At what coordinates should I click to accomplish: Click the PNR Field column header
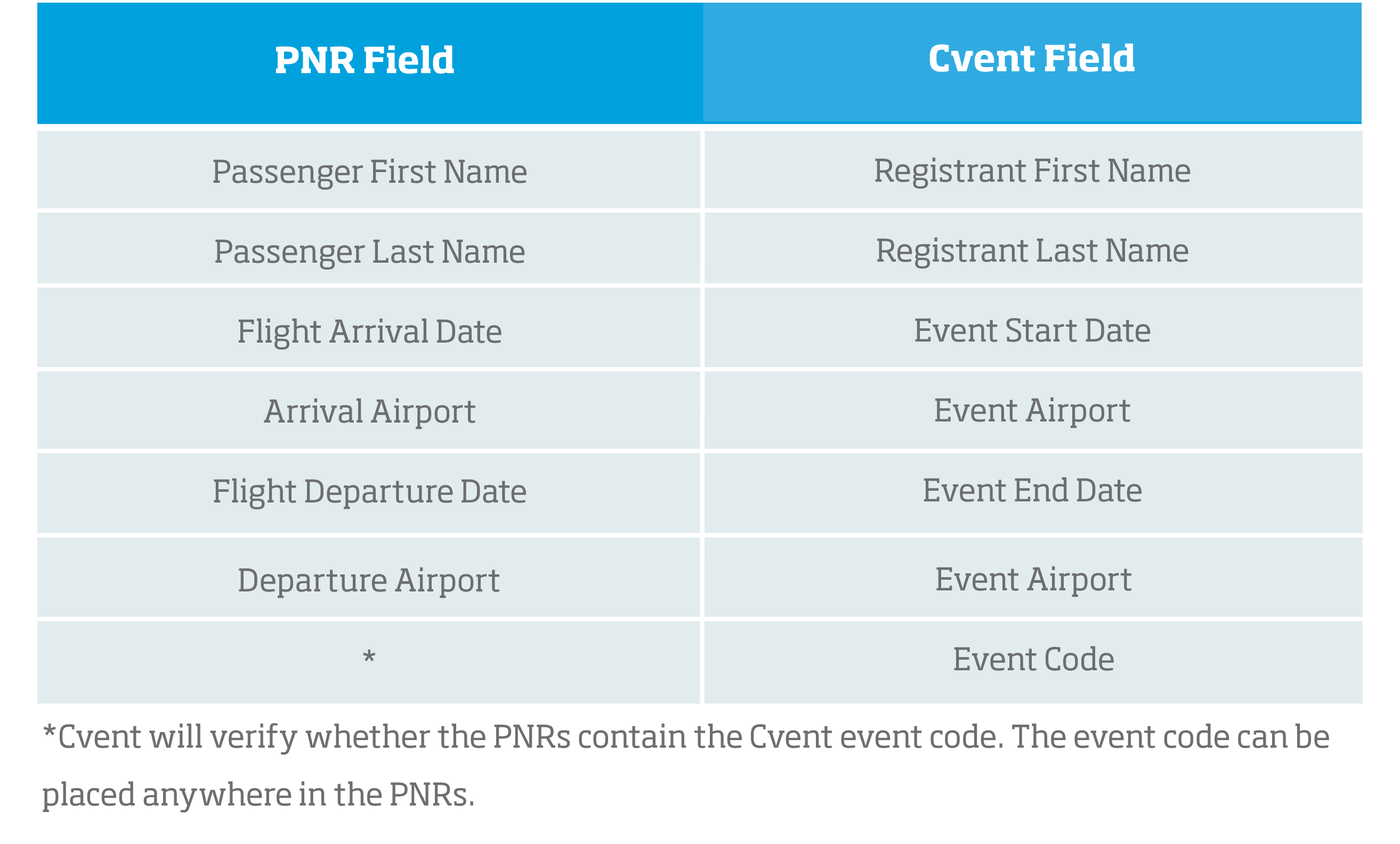(x=364, y=60)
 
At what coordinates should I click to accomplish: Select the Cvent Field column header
(x=1031, y=59)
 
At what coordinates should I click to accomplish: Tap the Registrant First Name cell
(x=1032, y=171)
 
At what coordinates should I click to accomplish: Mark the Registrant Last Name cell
(x=1032, y=251)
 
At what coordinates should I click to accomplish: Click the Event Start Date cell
(x=1032, y=331)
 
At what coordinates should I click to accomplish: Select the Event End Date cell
(x=1032, y=491)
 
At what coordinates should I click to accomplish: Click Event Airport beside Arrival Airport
(x=1032, y=411)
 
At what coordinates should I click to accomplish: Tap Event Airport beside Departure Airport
(x=1033, y=580)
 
